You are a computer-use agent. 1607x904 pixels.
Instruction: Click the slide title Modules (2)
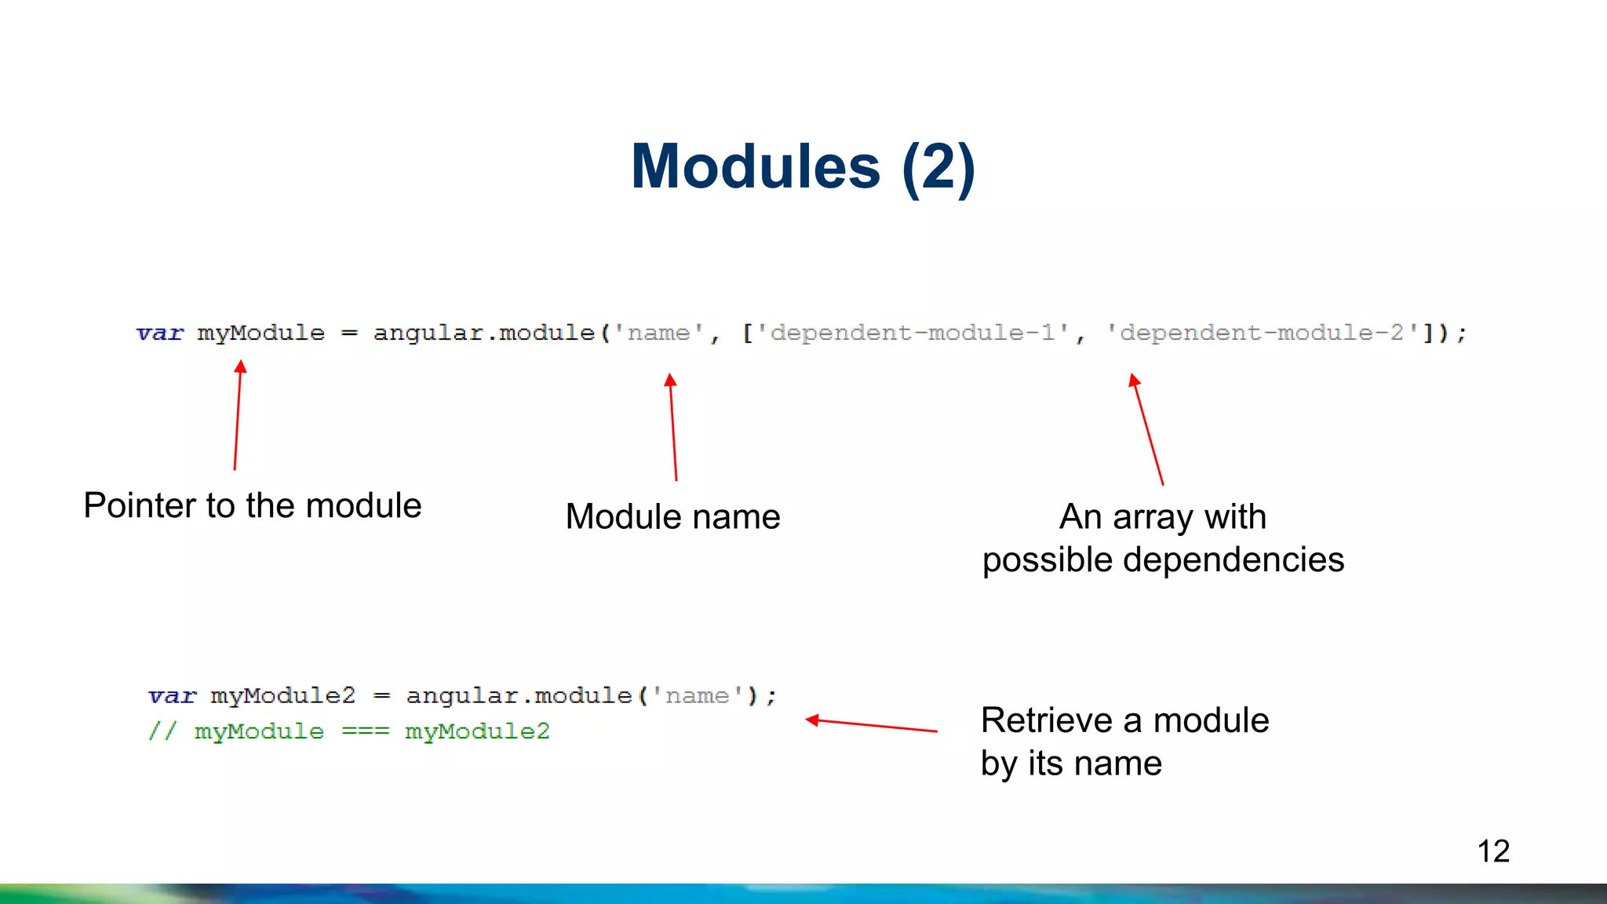coord(803,166)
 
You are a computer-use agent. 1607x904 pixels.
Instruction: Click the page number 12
coord(1492,851)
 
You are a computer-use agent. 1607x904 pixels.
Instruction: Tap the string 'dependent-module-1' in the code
coord(913,334)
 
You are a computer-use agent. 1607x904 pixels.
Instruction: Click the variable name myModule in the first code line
coord(261,334)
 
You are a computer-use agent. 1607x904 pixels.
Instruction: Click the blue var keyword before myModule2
coord(172,696)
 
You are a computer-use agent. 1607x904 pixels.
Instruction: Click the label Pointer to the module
coord(253,505)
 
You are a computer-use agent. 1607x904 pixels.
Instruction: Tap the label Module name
coord(672,517)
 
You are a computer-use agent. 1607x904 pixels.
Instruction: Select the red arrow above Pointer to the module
coord(238,416)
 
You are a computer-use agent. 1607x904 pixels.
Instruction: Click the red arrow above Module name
coord(673,428)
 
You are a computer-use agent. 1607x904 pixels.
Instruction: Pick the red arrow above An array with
coord(1147,430)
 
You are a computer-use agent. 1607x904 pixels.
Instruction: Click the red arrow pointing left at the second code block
coord(871,725)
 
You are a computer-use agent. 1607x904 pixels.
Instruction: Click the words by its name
coord(1071,764)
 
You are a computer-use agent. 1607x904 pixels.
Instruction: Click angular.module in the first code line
coord(483,334)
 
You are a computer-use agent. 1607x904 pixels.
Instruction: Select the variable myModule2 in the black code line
coord(282,696)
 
